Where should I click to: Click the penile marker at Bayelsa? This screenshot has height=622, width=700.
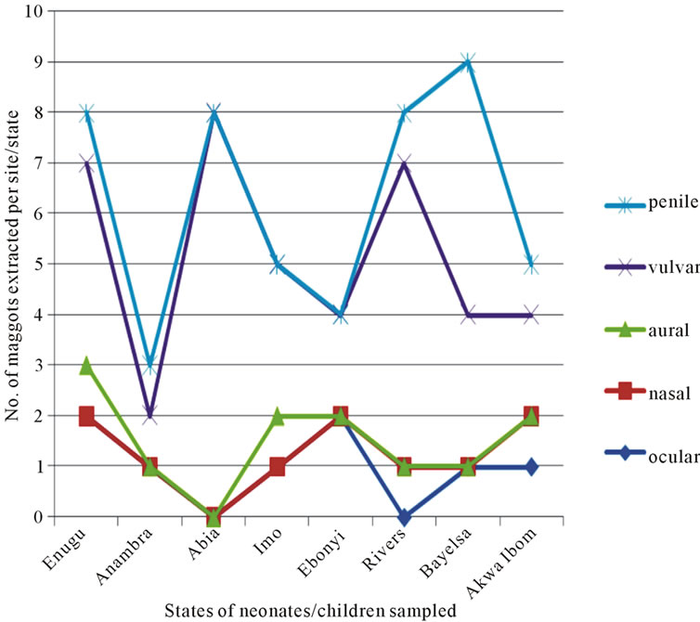point(468,62)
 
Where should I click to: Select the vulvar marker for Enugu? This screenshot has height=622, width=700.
point(87,163)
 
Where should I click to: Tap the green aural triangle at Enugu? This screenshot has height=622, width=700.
point(87,366)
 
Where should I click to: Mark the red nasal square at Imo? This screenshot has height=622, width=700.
point(278,466)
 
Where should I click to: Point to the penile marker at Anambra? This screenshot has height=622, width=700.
point(150,366)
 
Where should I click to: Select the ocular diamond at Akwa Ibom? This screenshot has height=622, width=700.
point(531,466)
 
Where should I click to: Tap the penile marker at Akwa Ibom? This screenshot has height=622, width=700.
point(531,265)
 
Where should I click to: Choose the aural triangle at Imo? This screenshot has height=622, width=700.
point(278,416)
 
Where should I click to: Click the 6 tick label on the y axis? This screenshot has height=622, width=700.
point(41,214)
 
